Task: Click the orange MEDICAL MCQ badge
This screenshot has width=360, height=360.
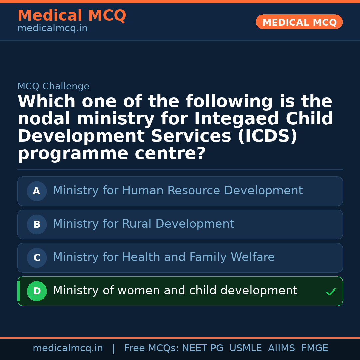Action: (x=299, y=22)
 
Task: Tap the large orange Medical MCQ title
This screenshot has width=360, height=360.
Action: (x=72, y=16)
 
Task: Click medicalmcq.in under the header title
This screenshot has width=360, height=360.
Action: (x=52, y=29)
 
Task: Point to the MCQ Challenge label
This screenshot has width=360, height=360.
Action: (x=53, y=86)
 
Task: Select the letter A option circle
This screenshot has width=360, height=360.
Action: (x=37, y=191)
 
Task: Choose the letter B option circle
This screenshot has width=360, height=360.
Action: (x=37, y=224)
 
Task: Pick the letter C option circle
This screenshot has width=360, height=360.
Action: (x=37, y=258)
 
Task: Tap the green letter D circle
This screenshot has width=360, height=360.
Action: (x=37, y=291)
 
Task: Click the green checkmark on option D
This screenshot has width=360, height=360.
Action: (x=331, y=292)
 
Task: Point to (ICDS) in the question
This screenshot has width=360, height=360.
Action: (x=267, y=136)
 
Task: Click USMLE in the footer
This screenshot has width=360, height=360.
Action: (x=245, y=348)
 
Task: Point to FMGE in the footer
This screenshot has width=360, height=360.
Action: (x=314, y=348)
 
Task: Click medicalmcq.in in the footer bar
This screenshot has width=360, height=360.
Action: (x=68, y=348)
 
